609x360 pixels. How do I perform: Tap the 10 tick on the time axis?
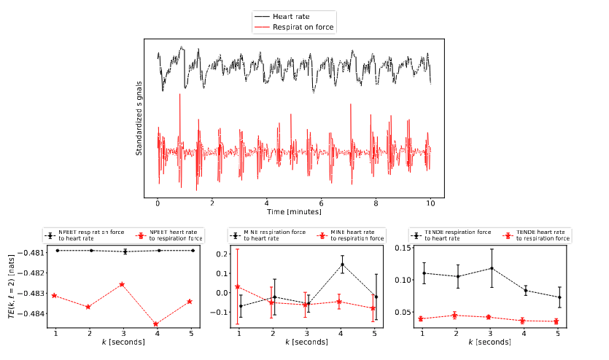tap(430, 203)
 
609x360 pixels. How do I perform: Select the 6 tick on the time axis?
tap(321, 203)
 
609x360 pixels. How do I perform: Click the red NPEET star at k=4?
tap(156, 324)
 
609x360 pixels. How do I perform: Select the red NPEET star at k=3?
tap(122, 284)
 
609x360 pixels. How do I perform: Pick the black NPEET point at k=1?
tap(55, 251)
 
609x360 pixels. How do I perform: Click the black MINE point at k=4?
tap(341, 265)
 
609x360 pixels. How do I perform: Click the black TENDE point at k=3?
tap(491, 268)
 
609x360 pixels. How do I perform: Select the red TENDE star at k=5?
tap(556, 321)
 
